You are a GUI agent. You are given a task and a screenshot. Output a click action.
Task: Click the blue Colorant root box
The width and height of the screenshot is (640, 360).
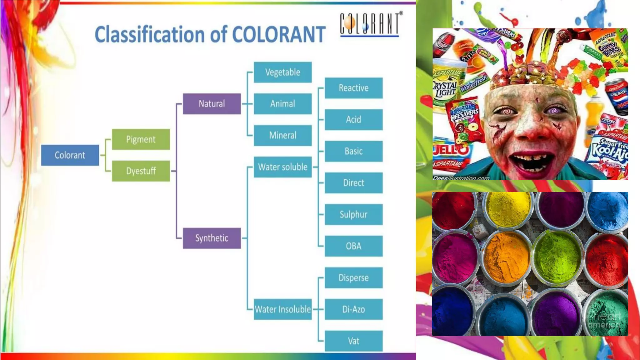(x=70, y=155)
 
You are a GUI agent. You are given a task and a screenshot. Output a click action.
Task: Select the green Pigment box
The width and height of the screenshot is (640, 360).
(x=141, y=139)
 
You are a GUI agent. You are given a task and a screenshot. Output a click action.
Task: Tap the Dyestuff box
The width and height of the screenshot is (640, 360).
(x=141, y=171)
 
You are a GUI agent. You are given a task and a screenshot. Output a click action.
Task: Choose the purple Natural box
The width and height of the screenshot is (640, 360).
(x=212, y=104)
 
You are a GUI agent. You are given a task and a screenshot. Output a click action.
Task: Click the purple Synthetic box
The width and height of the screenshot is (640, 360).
(x=212, y=238)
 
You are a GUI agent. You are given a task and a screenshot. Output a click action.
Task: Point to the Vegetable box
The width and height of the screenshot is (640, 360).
(x=283, y=72)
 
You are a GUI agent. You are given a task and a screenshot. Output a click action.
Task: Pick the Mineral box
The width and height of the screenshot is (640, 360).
(x=283, y=135)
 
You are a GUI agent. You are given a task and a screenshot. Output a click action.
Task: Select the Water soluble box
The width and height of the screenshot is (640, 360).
(x=283, y=167)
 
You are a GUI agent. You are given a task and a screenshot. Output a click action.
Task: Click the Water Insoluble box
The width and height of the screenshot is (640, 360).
(x=283, y=309)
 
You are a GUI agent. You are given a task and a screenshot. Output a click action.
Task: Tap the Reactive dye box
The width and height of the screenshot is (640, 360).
(x=354, y=88)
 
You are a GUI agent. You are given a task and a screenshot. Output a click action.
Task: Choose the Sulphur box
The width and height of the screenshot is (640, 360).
(x=354, y=214)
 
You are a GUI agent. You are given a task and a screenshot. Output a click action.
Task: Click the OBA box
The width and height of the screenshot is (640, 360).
(x=354, y=246)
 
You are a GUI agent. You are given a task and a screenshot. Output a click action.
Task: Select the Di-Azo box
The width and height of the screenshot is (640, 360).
(x=354, y=309)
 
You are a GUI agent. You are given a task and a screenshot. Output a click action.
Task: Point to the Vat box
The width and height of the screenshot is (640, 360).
(x=354, y=341)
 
